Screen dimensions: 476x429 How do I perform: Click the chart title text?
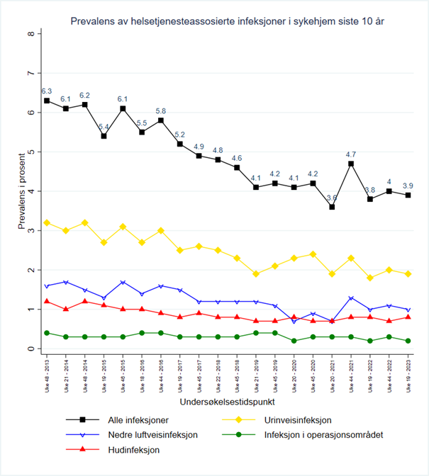click(x=228, y=23)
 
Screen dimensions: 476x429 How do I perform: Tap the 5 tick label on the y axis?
click(x=30, y=152)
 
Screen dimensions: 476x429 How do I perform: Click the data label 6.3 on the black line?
click(x=47, y=91)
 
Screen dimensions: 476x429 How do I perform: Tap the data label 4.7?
click(x=351, y=154)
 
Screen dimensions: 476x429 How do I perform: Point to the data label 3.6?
click(x=332, y=198)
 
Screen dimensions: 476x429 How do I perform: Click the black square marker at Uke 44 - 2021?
click(x=351, y=164)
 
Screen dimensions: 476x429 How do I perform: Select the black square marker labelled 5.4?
click(x=104, y=136)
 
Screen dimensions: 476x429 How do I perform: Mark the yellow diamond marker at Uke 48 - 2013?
click(x=47, y=222)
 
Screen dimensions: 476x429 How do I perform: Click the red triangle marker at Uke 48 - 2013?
click(x=47, y=301)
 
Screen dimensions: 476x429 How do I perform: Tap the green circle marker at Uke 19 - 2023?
click(x=408, y=341)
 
